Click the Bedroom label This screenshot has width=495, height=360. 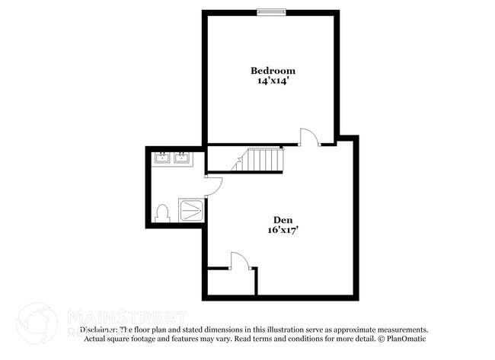(273, 71)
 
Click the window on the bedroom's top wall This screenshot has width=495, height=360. (271, 11)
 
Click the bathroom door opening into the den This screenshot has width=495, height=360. (212, 185)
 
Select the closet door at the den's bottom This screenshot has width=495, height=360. (238, 260)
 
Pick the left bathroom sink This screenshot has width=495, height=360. (162, 158)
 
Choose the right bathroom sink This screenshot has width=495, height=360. (182, 158)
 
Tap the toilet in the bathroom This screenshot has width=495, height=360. (161, 213)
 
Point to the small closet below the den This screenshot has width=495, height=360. (231, 282)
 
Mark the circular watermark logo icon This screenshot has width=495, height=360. (37, 322)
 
